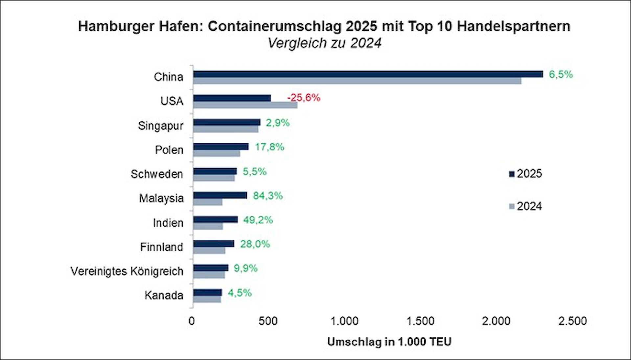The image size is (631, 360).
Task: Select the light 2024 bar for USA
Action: point(245,105)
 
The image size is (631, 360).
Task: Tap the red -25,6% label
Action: point(303,98)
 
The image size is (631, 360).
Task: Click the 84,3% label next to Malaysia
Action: point(268,196)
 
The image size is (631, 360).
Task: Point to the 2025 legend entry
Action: point(525,174)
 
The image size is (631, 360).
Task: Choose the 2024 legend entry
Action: point(525,206)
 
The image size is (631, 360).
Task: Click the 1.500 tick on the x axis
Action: point(420,321)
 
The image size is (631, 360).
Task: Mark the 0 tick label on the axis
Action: point(192,321)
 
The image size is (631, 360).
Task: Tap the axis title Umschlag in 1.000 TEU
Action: point(389,342)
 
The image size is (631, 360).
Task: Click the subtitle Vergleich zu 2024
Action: point(324,43)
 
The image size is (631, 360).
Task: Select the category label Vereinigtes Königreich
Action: point(127,271)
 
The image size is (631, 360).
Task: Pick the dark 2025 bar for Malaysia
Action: point(220,195)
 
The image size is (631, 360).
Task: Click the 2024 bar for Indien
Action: point(208,227)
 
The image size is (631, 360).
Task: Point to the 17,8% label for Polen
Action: point(269,147)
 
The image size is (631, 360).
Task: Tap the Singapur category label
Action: point(160,126)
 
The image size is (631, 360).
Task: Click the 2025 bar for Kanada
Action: point(207,292)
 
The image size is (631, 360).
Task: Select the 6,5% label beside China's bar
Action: point(560,74)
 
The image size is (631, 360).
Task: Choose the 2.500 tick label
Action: point(572,321)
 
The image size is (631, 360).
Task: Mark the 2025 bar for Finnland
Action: point(214,244)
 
